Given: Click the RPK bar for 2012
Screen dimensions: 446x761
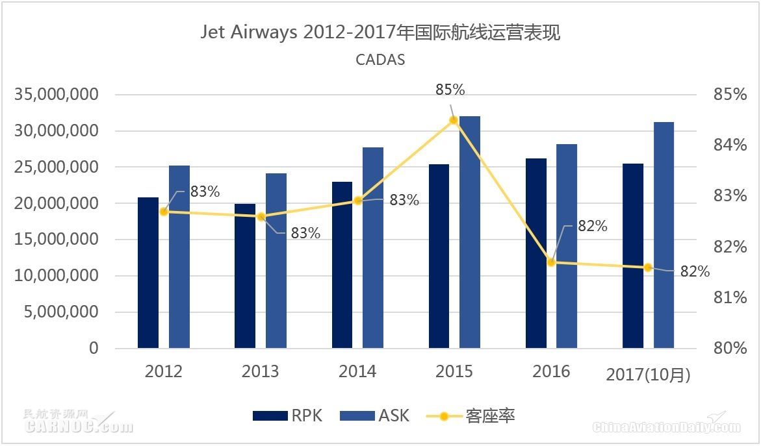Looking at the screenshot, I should (x=148, y=273).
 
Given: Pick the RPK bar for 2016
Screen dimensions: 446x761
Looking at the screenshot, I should (x=536, y=253).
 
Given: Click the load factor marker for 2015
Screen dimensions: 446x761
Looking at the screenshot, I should (x=454, y=120).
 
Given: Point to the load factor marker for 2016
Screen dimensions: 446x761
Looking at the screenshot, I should (x=551, y=262).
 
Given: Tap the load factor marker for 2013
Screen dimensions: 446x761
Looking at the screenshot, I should (x=261, y=217).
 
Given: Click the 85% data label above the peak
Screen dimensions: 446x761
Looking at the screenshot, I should (x=450, y=90).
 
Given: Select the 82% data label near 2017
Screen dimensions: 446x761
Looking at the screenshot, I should (x=695, y=272).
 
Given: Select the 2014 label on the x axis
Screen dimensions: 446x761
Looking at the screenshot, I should (x=357, y=372).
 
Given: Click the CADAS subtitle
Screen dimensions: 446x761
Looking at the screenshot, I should (x=380, y=60).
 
